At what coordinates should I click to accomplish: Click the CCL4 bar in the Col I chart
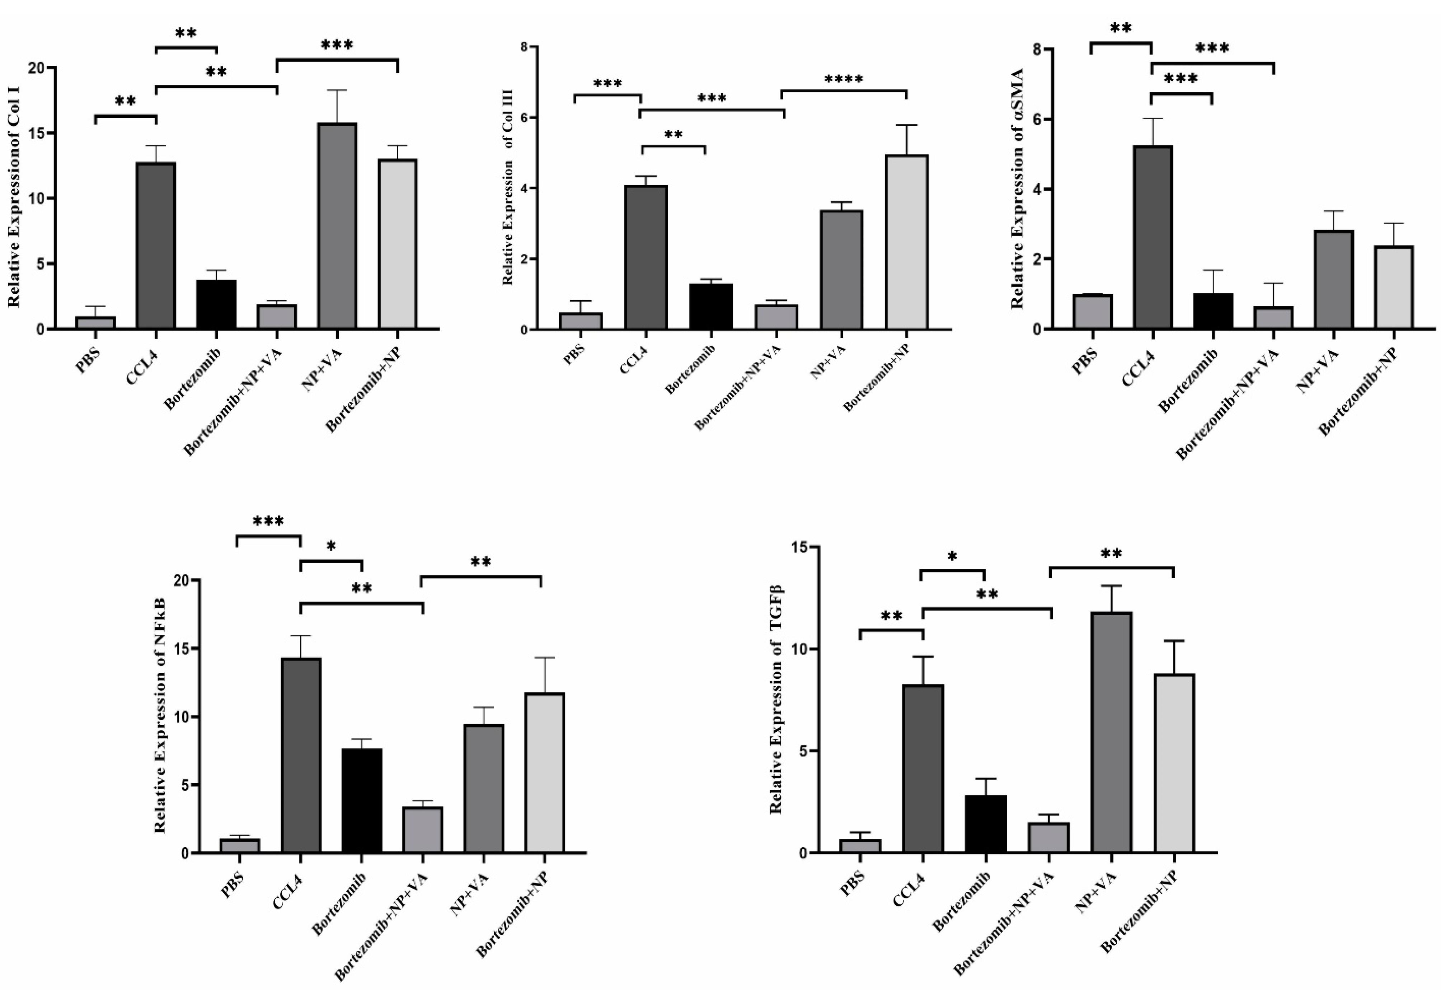tap(156, 245)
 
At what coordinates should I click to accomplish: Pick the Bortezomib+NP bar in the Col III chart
tap(906, 242)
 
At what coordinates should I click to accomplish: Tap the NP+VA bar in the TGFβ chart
tap(1111, 732)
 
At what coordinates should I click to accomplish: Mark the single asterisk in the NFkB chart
tap(330, 546)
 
